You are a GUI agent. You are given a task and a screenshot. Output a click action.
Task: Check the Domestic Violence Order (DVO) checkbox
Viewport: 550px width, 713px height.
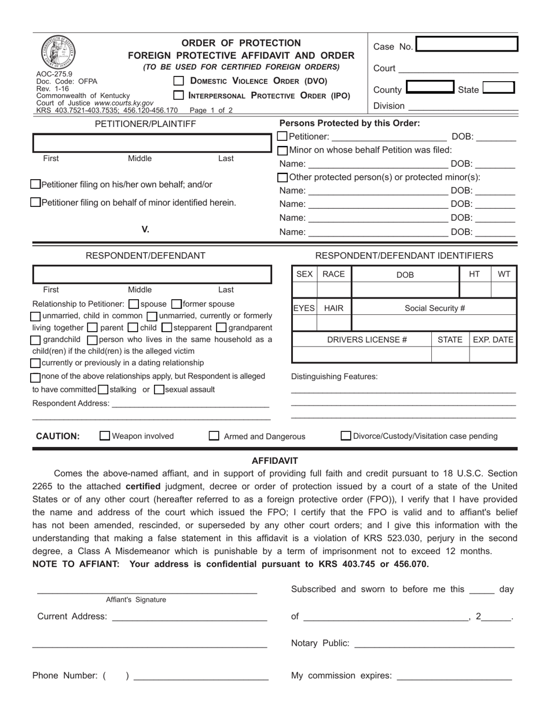[x=179, y=81]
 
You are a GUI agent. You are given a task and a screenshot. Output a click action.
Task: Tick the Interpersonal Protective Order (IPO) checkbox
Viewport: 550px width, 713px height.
[x=179, y=95]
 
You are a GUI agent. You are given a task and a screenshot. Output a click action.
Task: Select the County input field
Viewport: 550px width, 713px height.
[x=430, y=88]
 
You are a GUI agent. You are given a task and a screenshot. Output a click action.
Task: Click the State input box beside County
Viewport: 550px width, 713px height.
[x=498, y=88]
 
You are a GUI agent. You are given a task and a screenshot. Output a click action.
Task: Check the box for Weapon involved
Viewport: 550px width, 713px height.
[x=105, y=436]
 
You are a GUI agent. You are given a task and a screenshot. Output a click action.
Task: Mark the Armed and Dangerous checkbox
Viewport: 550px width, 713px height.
[x=214, y=436]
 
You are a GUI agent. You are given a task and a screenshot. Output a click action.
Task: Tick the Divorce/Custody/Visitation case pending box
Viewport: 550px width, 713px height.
[x=346, y=436]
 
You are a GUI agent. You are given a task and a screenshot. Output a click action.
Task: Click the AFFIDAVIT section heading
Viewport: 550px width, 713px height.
[x=274, y=461]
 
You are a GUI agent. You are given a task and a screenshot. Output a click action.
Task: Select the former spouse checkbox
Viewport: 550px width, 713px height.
[x=177, y=304]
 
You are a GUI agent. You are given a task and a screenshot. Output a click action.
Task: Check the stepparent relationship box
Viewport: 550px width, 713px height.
[x=167, y=328]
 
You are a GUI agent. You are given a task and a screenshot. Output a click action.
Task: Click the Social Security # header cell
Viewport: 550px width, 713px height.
[x=434, y=308]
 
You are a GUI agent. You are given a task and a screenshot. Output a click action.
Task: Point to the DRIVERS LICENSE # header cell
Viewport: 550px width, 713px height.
[x=364, y=340]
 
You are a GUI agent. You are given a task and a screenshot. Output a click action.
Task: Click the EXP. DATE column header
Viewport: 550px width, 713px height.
[x=493, y=340]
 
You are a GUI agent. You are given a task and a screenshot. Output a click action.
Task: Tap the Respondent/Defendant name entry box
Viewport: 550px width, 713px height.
[x=152, y=274]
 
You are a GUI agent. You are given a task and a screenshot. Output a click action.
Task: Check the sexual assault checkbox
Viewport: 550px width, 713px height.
[x=159, y=390]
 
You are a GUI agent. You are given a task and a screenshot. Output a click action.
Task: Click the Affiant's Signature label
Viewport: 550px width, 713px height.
[x=135, y=600]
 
